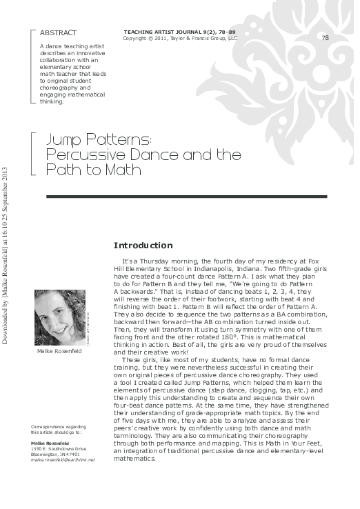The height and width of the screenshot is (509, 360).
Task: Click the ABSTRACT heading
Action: pyautogui.click(x=58, y=32)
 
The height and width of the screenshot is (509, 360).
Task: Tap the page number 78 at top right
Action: pyautogui.click(x=325, y=37)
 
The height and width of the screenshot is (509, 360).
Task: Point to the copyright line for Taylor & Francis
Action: pyautogui.click(x=179, y=39)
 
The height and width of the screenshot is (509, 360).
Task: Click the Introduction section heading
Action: pyautogui.click(x=143, y=245)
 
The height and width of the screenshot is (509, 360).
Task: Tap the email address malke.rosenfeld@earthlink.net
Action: pyautogui.click(x=63, y=459)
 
